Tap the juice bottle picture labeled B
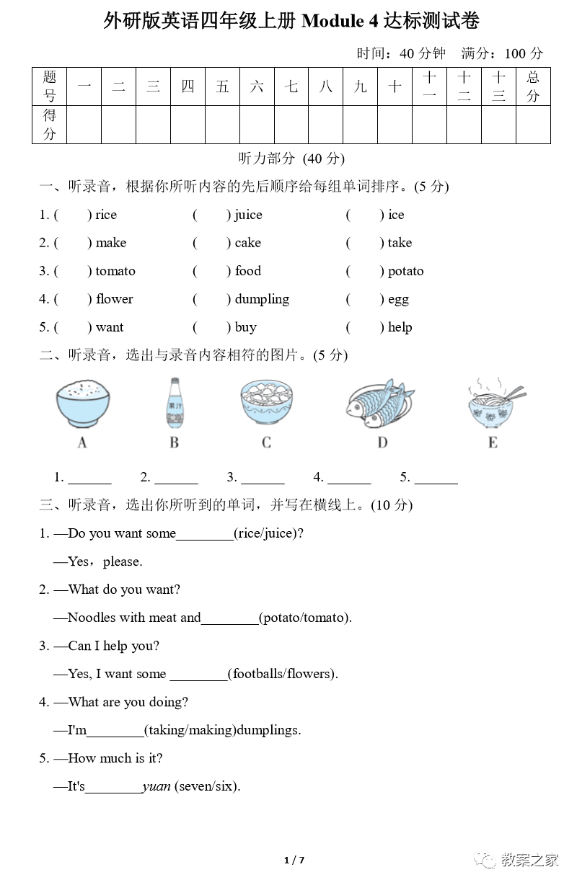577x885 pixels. click(174, 404)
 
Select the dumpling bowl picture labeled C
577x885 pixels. click(266, 404)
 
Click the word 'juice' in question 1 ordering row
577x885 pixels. click(248, 215)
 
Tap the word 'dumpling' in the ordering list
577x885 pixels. click(262, 299)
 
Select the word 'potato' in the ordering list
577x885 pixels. click(405, 271)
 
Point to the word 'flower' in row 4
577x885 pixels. click(114, 299)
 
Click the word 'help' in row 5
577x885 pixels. click(400, 327)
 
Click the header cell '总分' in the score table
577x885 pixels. click(533, 86)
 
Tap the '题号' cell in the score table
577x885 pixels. click(50, 86)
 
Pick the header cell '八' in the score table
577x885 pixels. click(326, 87)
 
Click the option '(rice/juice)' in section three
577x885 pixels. click(268, 533)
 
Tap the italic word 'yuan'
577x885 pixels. click(157, 786)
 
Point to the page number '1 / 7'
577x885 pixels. click(294, 860)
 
